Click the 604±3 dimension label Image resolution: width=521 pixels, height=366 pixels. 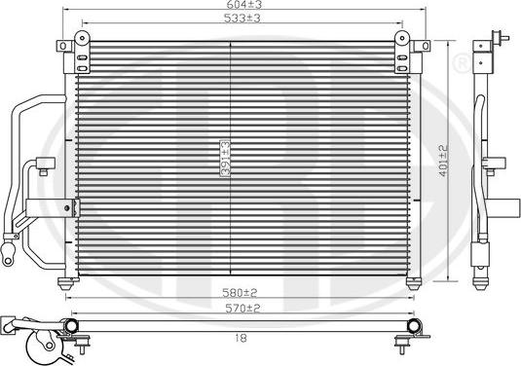pos(244,4)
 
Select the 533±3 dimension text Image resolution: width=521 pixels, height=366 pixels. pos(242,18)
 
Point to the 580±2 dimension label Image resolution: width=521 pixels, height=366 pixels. pos(240,293)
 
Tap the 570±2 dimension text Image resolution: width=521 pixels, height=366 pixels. pos(242,309)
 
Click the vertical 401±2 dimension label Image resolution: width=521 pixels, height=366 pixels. pos(444,161)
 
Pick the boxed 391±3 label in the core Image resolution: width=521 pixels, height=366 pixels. pos(226,158)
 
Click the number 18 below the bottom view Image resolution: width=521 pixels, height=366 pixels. pos(241,339)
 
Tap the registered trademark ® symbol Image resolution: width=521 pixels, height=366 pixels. pos(462,62)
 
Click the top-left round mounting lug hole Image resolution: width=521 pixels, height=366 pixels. pos(82,38)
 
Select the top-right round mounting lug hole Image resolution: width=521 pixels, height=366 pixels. pos(402,38)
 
